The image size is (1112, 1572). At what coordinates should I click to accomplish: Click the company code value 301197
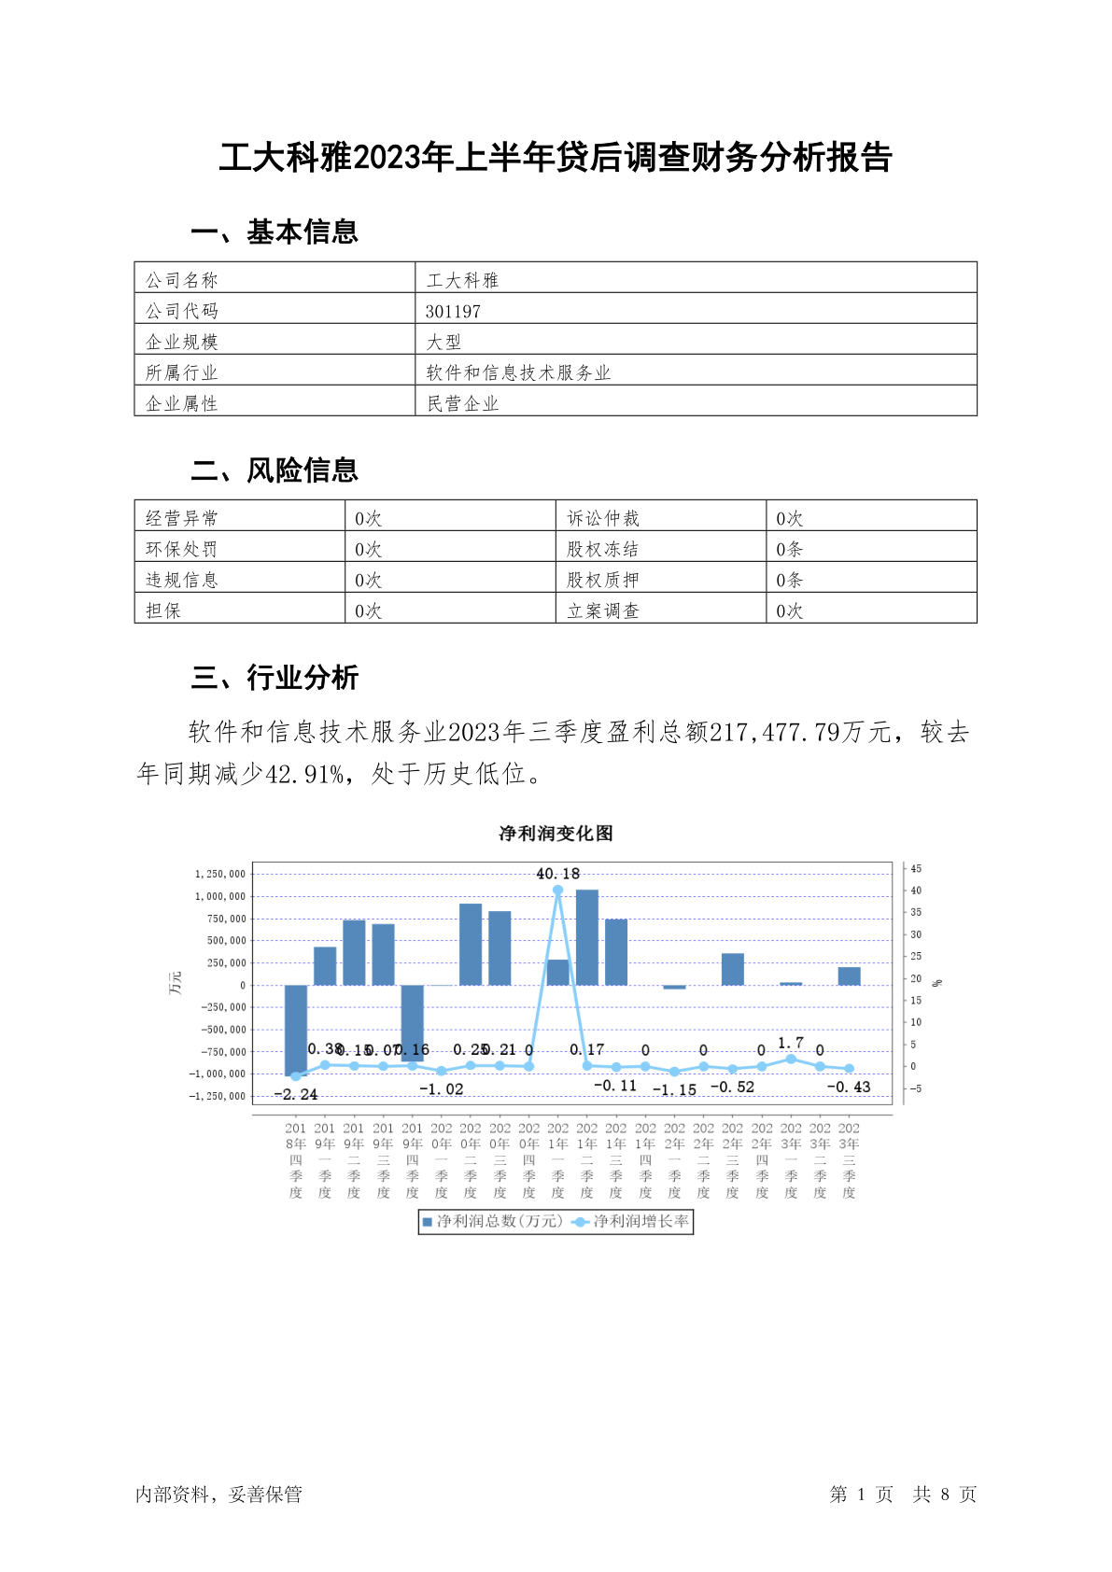coord(453,311)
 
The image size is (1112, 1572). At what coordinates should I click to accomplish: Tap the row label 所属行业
coord(181,372)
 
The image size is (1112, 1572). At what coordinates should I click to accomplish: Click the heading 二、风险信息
coord(274,470)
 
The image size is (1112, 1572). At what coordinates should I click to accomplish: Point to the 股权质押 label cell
coord(603,580)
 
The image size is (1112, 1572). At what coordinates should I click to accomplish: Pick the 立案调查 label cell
coord(603,611)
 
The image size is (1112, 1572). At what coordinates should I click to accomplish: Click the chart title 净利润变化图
coord(556,833)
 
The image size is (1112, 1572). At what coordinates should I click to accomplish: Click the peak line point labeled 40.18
coord(558,890)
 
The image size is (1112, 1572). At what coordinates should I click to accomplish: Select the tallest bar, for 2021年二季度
coord(587,937)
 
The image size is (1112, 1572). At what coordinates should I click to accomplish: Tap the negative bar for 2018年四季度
coord(296,1030)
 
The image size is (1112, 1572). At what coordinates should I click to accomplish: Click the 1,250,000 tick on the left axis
coord(220,874)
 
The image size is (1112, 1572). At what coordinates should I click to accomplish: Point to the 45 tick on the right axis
coord(916,869)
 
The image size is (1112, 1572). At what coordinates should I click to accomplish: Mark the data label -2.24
coord(296,1094)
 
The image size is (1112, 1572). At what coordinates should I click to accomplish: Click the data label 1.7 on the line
coord(791,1043)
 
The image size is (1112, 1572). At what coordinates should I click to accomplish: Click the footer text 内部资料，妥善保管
coord(218,1494)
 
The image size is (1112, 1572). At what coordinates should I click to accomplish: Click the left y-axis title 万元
coord(176,982)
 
